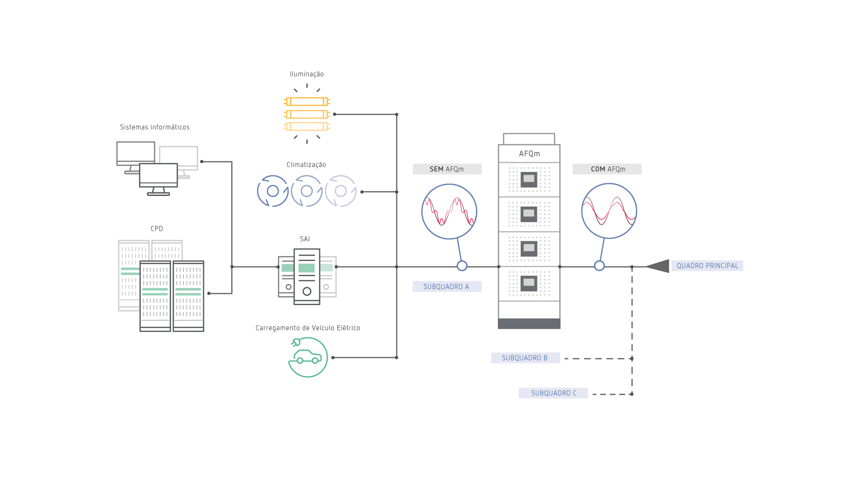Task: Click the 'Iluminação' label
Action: pos(307,74)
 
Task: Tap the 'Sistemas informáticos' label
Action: pos(155,127)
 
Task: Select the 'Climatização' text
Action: pos(306,165)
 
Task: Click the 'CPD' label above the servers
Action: pos(157,229)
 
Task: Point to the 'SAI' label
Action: pos(305,239)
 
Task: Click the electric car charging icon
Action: pos(308,357)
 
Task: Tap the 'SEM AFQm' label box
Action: pos(447,169)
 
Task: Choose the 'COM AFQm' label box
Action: pos(607,169)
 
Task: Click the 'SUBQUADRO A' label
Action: pos(447,287)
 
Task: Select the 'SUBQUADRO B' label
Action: pos(525,358)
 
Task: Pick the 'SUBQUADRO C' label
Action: pos(553,393)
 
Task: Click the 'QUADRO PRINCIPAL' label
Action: pos(707,266)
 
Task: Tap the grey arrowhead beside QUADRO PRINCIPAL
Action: pos(660,266)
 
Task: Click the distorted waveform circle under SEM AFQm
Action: pos(449,212)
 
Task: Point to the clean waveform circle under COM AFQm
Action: pos(609,211)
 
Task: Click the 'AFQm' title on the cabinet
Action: pos(529,154)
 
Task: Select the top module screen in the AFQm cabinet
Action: pos(529,179)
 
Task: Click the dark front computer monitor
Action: pos(159,175)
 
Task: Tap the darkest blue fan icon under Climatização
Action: pos(273,191)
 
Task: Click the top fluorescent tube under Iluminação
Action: pos(307,102)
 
